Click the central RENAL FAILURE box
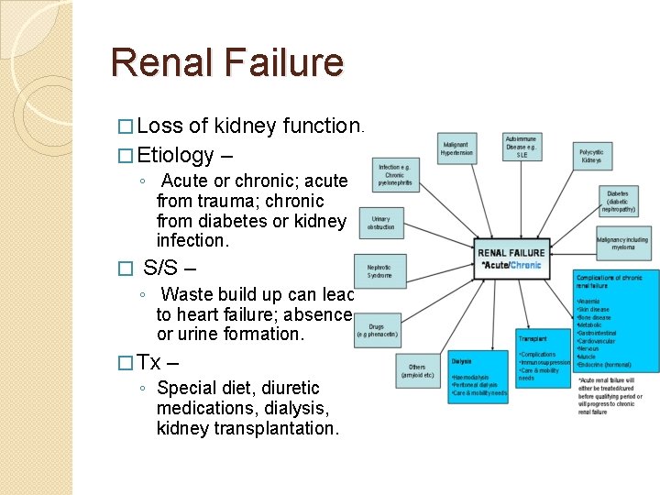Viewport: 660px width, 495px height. point(511,258)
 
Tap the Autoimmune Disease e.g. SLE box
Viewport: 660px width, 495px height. point(522,147)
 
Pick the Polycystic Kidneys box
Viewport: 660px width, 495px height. point(590,156)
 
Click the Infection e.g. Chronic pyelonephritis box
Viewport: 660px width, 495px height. point(395,175)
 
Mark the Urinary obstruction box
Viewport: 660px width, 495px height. point(380,222)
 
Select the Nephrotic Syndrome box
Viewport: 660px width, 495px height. point(379,270)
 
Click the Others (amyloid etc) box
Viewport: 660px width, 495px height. point(418,370)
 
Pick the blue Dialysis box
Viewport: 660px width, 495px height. point(478,376)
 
